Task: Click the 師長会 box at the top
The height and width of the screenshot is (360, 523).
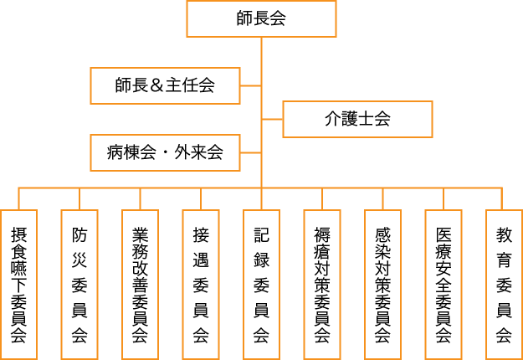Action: coord(261,19)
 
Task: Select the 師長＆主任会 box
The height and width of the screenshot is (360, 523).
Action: coord(165,85)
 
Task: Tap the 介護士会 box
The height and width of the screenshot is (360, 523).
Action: coord(357,119)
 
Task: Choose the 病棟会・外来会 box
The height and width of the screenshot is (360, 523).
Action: coord(165,152)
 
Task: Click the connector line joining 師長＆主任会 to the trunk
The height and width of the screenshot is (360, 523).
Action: coord(251,85)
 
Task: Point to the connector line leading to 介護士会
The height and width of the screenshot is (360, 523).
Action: coord(272,119)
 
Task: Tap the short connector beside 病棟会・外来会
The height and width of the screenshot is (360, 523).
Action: coord(251,152)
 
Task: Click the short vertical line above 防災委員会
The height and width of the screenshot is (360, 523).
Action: coord(79,198)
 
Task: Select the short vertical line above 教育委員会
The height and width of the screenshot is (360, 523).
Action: coord(503,198)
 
